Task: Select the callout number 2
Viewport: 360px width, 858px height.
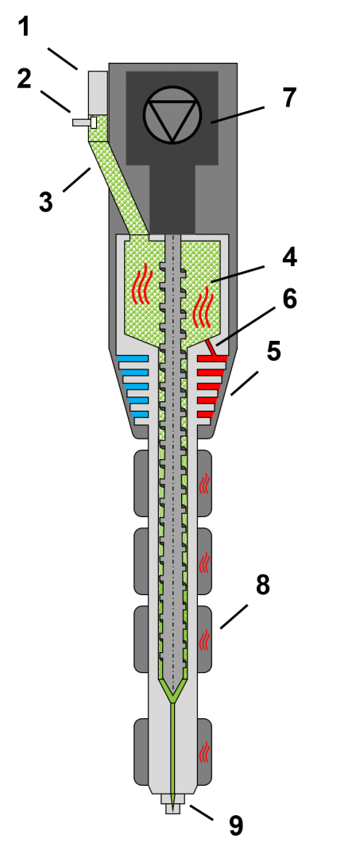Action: (25, 79)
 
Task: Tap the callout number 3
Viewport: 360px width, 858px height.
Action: (46, 201)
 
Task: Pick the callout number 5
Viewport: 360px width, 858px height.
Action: (273, 351)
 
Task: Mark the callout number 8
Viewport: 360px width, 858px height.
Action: (262, 586)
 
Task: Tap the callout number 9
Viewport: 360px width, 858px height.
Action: (235, 826)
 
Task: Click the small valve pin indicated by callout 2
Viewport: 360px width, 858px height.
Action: (85, 122)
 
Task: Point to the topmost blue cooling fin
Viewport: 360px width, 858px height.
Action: (133, 358)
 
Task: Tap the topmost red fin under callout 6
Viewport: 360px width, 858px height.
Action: (213, 358)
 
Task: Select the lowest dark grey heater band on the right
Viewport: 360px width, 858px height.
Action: (204, 752)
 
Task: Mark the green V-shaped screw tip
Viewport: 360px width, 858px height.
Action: (172, 690)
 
